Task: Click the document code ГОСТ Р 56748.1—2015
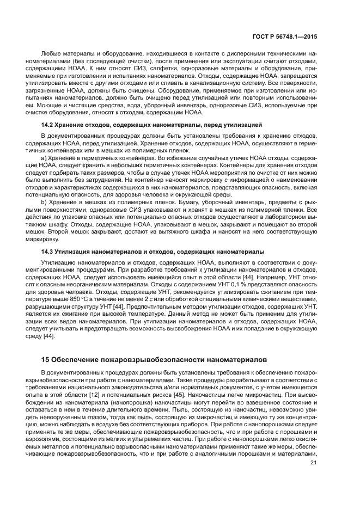pyautogui.click(x=286, y=36)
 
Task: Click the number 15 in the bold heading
pyautogui.click(x=46, y=360)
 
